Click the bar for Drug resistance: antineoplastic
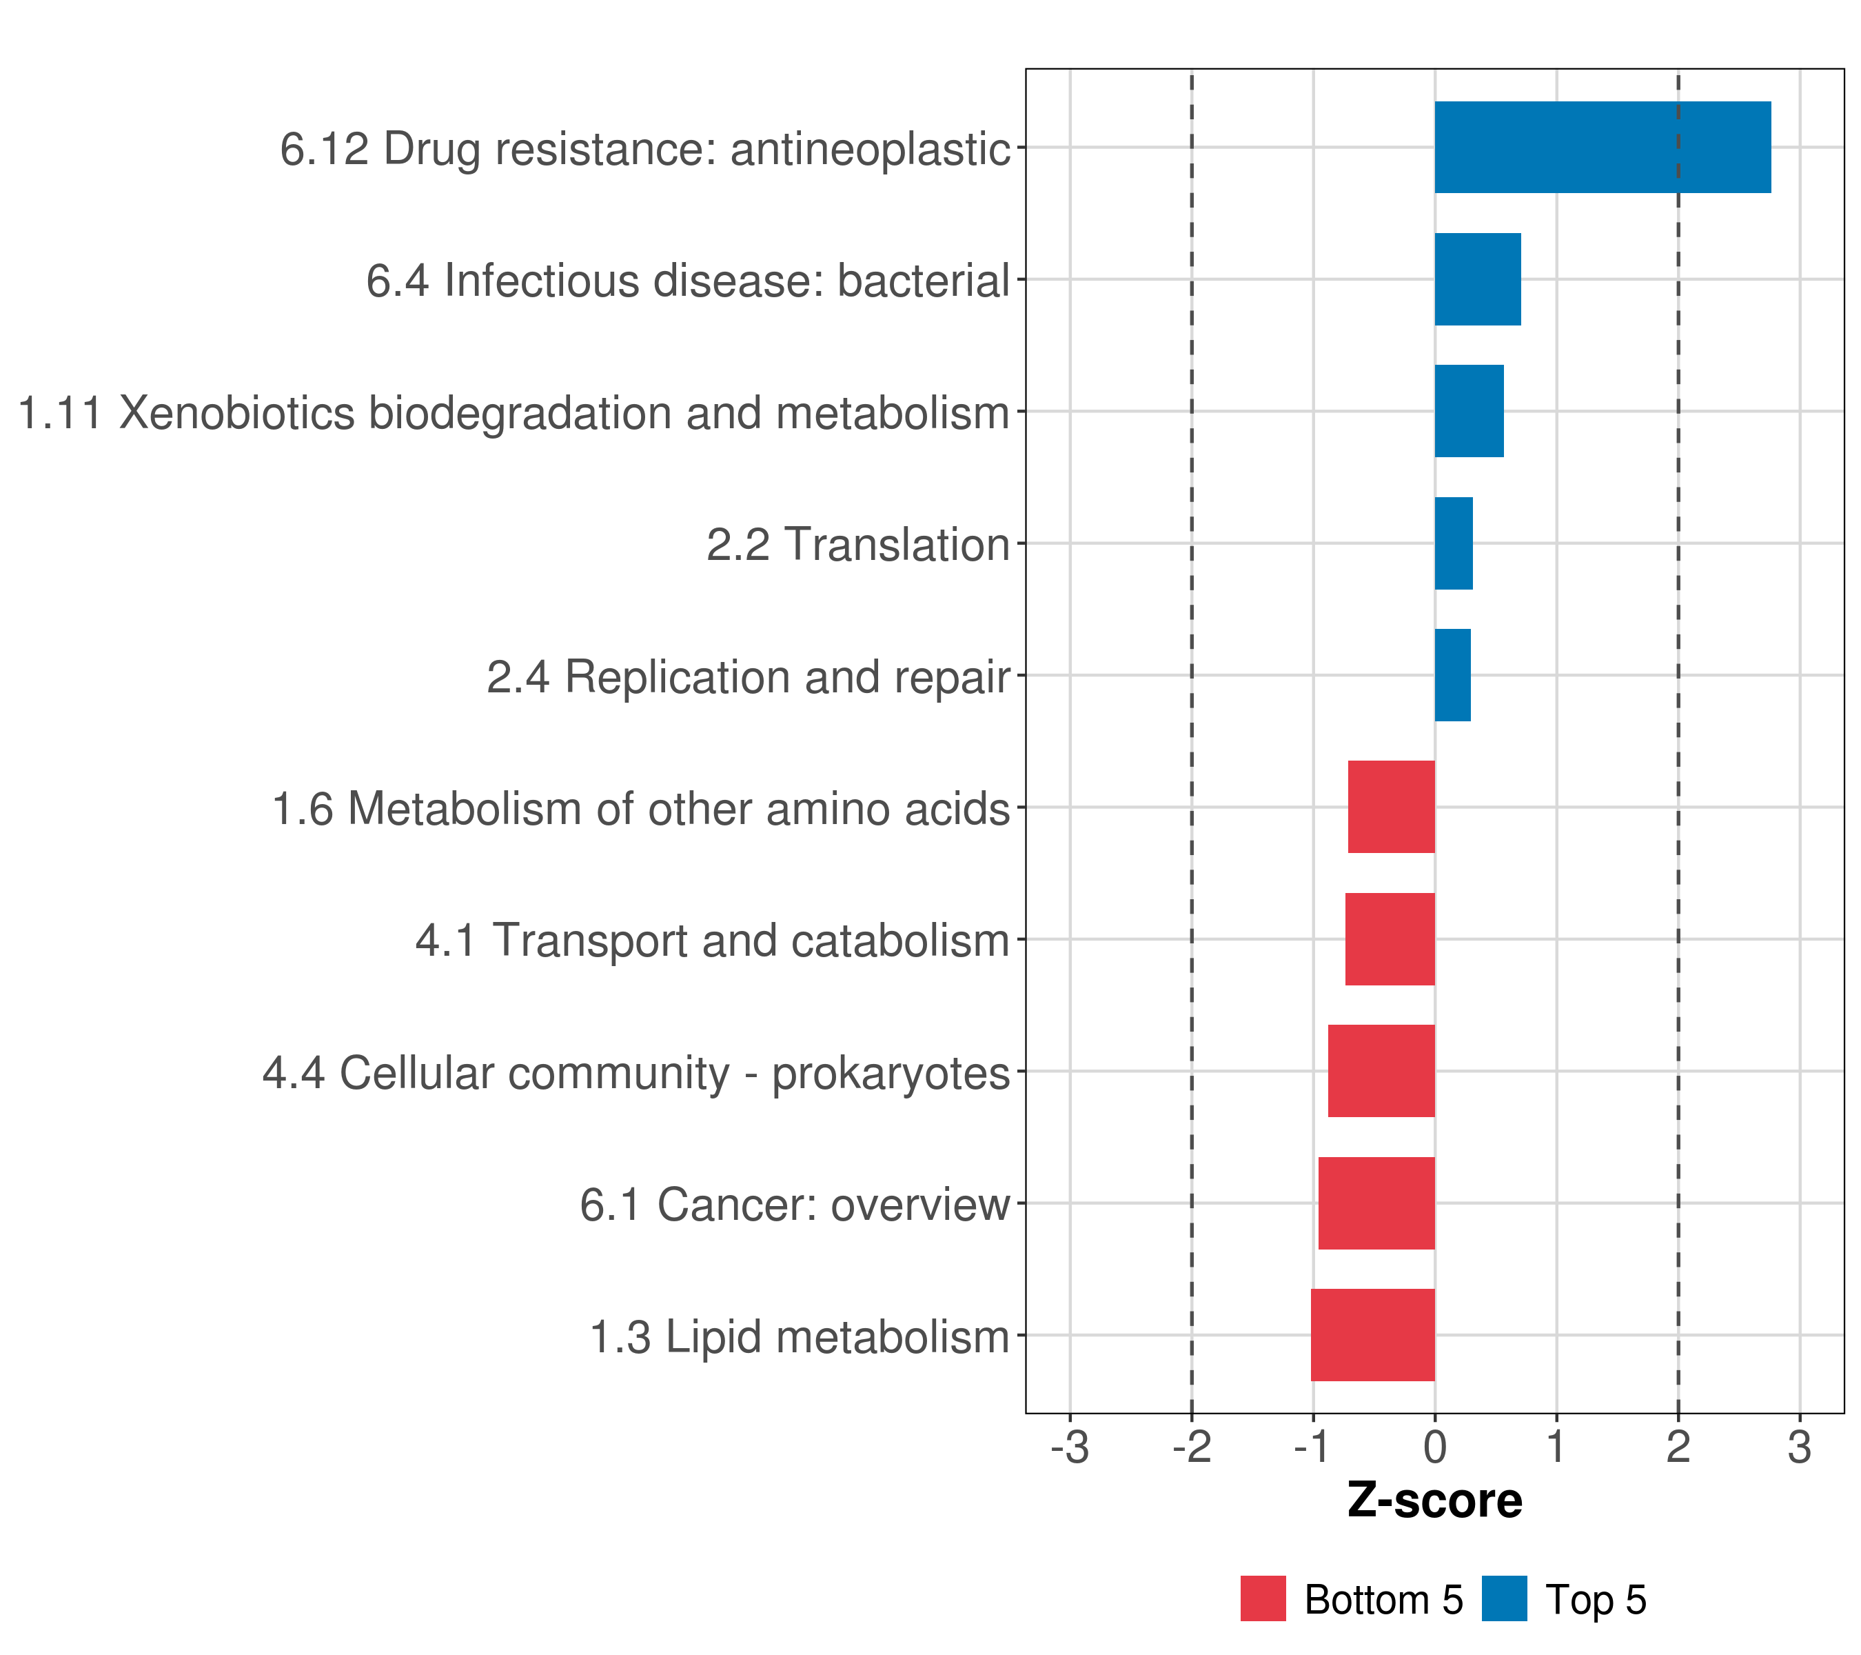(x=1603, y=148)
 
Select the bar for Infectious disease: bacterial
(x=1477, y=280)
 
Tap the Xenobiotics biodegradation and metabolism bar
(x=1469, y=412)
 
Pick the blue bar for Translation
(x=1453, y=544)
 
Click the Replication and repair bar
(x=1452, y=675)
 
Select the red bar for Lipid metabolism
(x=1372, y=1335)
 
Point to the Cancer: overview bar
(x=1376, y=1203)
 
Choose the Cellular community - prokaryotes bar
(x=1381, y=1071)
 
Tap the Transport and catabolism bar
(x=1390, y=939)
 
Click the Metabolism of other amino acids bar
(x=1391, y=807)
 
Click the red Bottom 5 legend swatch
(x=1263, y=1599)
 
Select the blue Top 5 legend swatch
(x=1504, y=1599)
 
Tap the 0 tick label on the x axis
(x=1435, y=1447)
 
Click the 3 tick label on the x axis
(x=1799, y=1447)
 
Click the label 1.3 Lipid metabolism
(x=800, y=1337)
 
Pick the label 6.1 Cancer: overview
(x=795, y=1205)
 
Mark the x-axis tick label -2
(x=1191, y=1447)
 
